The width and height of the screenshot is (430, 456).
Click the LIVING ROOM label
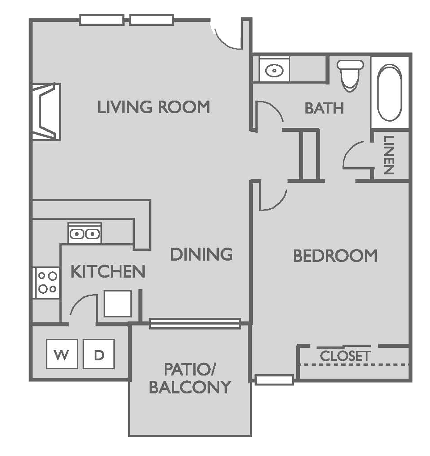(154, 107)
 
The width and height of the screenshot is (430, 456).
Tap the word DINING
(201, 254)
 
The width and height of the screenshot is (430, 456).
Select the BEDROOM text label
(335, 256)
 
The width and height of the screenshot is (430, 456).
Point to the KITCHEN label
(108, 271)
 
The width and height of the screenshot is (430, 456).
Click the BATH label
(324, 108)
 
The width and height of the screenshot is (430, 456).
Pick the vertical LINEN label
(388, 155)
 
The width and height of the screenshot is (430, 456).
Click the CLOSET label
(345, 356)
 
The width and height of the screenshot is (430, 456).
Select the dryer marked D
(99, 355)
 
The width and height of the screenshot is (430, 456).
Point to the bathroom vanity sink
(272, 70)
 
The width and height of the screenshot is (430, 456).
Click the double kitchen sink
(84, 233)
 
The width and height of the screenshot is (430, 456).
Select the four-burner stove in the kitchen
(47, 283)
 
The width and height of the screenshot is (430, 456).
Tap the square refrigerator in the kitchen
(117, 304)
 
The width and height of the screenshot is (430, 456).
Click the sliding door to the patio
(195, 324)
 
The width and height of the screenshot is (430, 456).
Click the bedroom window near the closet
(274, 380)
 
